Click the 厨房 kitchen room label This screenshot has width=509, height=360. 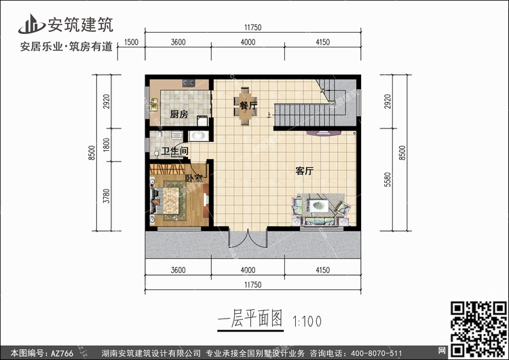pos(179,114)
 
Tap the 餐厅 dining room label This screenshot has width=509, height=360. pos(248,105)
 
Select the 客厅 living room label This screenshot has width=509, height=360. pos(304,171)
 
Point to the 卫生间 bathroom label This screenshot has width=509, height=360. pos(175,151)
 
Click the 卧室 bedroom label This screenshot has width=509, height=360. pos(194,178)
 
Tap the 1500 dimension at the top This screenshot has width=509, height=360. pos(131,42)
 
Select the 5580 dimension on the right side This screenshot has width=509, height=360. pos(388,179)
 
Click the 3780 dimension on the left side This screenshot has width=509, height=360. pos(107,196)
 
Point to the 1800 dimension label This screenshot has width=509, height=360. pos(107,145)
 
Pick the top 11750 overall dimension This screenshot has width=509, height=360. pos(253,28)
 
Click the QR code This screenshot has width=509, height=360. pos(479,329)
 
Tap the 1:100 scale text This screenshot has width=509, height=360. pos(307,321)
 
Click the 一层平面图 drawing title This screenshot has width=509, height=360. pos(250,319)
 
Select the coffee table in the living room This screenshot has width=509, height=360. pos(318,206)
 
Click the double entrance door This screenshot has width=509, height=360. pos(248,238)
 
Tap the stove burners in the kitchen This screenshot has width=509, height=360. pos(188,84)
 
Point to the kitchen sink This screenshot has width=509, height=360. pos(154,105)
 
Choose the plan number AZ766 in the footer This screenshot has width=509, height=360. pos(62,353)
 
